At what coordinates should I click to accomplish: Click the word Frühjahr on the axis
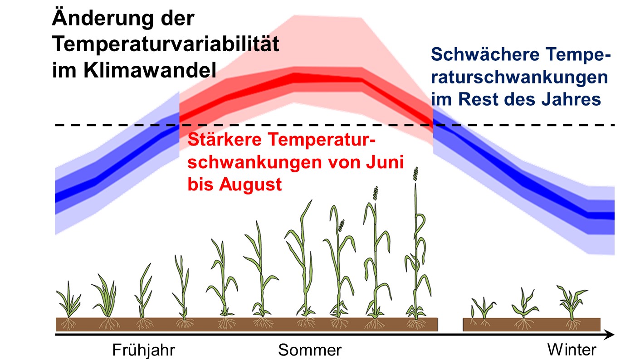[x=143, y=350]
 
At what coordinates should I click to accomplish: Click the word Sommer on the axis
[x=310, y=350]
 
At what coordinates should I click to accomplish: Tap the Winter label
[x=572, y=350]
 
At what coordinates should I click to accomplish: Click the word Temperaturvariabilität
[x=166, y=44]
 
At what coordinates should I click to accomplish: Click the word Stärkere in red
[x=225, y=140]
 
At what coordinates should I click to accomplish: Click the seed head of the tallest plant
[x=416, y=174]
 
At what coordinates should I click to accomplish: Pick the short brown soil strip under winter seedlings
[x=532, y=325]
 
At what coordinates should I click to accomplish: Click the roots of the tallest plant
[x=416, y=324]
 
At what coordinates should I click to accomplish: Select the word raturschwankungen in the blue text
[x=519, y=78]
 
